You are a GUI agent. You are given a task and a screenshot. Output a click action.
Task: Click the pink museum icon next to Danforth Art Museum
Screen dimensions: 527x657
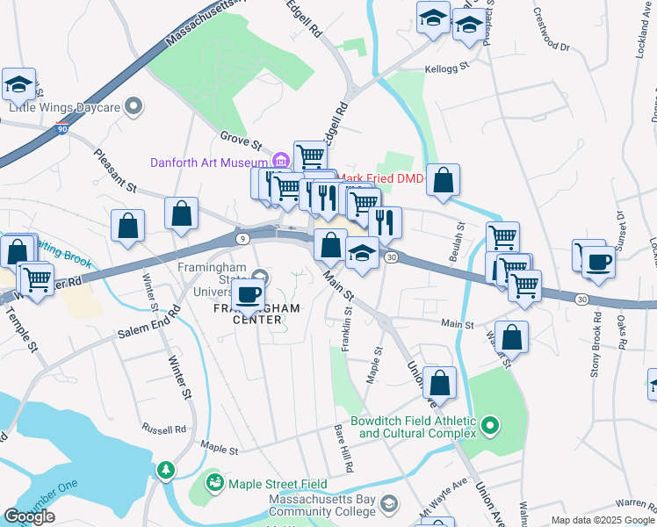coord(280,161)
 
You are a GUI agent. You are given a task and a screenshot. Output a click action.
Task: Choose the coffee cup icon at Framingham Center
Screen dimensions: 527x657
coord(249,294)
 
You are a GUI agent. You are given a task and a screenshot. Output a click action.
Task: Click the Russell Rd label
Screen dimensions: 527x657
coord(168,430)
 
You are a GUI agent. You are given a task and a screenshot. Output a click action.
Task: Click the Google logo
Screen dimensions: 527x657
coord(29,516)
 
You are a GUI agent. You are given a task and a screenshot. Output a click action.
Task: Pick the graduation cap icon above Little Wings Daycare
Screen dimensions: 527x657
coord(18,84)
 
